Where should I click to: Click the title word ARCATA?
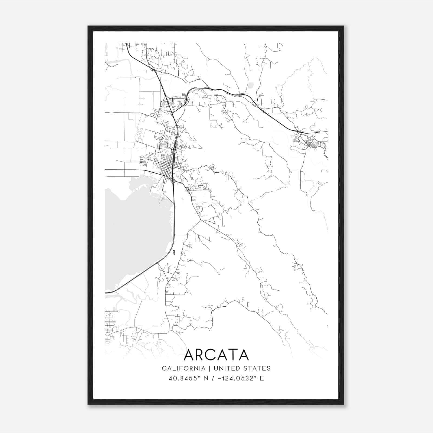pyautogui.click(x=216, y=355)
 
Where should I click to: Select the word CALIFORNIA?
pyautogui.click(x=183, y=368)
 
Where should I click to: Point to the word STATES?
pyautogui.click(x=258, y=368)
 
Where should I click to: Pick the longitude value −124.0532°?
pyautogui.click(x=236, y=378)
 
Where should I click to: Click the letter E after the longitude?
pyautogui.click(x=262, y=378)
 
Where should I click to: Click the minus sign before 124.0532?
pyautogui.click(x=220, y=378)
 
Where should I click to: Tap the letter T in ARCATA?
pyautogui.click(x=232, y=355)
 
